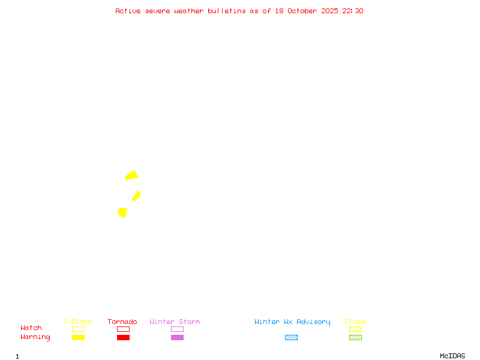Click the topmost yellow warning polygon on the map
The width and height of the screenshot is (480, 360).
tap(131, 175)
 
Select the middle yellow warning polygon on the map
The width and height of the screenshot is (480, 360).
tap(136, 196)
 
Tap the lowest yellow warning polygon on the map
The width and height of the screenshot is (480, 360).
tap(122, 212)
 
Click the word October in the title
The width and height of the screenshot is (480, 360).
tap(306, 11)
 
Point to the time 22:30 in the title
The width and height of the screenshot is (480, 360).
tap(353, 11)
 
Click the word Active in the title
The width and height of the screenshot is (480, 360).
tap(128, 11)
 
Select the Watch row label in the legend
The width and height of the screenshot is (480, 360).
tap(31, 328)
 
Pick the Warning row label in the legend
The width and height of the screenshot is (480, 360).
tap(35, 337)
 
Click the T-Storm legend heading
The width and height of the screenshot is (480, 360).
tap(77, 322)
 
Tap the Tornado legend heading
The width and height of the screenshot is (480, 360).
tap(122, 322)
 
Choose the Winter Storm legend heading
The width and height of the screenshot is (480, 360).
tap(175, 322)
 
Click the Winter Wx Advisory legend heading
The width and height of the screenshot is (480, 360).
tap(292, 322)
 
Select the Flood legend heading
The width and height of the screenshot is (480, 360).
tap(355, 322)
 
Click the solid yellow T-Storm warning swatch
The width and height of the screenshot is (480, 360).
tap(78, 338)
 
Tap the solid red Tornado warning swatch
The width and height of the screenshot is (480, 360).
tap(123, 338)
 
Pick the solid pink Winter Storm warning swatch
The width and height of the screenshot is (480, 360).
tap(177, 338)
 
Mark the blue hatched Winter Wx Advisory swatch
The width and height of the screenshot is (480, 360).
tap(291, 338)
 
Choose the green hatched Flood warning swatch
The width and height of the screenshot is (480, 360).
tap(355, 338)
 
